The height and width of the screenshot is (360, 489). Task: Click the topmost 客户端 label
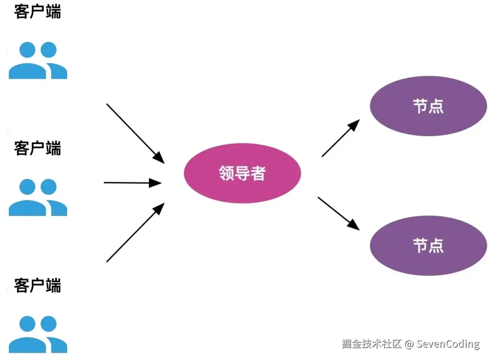pyautogui.click(x=37, y=12)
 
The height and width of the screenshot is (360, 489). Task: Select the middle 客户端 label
pyautogui.click(x=37, y=148)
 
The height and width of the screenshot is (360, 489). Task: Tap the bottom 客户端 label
pyautogui.click(x=37, y=285)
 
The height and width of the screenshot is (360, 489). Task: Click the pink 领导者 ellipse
pyautogui.click(x=242, y=173)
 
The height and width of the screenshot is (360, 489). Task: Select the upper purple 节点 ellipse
pyautogui.click(x=428, y=106)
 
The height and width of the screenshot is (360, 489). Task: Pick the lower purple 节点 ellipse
pyautogui.click(x=428, y=246)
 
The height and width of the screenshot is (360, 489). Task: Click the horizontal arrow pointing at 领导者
pyautogui.click(x=133, y=183)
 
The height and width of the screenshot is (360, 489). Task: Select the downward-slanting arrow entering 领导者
pyautogui.click(x=136, y=134)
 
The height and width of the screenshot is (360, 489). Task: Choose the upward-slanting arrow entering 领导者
pyautogui.click(x=136, y=232)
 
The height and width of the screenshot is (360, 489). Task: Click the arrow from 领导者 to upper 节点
pyautogui.click(x=341, y=138)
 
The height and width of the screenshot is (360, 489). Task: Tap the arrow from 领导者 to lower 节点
pyautogui.click(x=339, y=214)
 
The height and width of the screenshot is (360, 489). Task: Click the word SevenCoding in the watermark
pyautogui.click(x=448, y=344)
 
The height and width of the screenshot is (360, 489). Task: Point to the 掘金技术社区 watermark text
pyautogui.click(x=371, y=344)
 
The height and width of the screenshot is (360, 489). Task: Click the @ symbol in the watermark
pyautogui.click(x=409, y=344)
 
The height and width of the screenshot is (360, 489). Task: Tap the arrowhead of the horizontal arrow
pyautogui.click(x=155, y=183)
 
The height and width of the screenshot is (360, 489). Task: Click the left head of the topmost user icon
pyautogui.click(x=27, y=50)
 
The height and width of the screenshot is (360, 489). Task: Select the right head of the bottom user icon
pyautogui.click(x=49, y=324)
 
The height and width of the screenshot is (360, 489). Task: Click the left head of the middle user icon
pyautogui.click(x=27, y=187)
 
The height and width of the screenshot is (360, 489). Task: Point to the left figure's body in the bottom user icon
pyautogui.click(x=27, y=345)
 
